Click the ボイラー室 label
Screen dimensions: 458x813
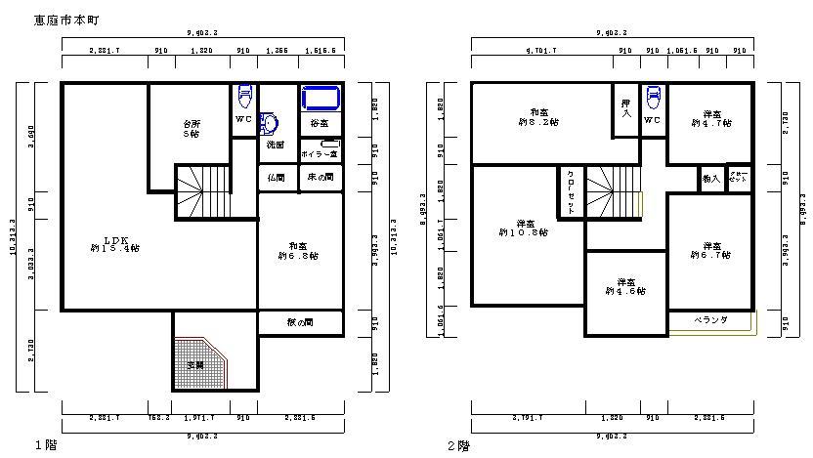click(320, 154)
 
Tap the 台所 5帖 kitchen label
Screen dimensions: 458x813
click(191, 129)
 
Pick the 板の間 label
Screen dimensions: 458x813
click(300, 322)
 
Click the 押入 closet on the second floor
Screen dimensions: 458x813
click(625, 107)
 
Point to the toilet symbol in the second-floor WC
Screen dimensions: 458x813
click(653, 98)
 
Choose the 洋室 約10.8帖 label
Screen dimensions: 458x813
click(524, 228)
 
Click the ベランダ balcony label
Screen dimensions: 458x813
click(710, 320)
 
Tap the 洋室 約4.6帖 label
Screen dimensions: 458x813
click(625, 286)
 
